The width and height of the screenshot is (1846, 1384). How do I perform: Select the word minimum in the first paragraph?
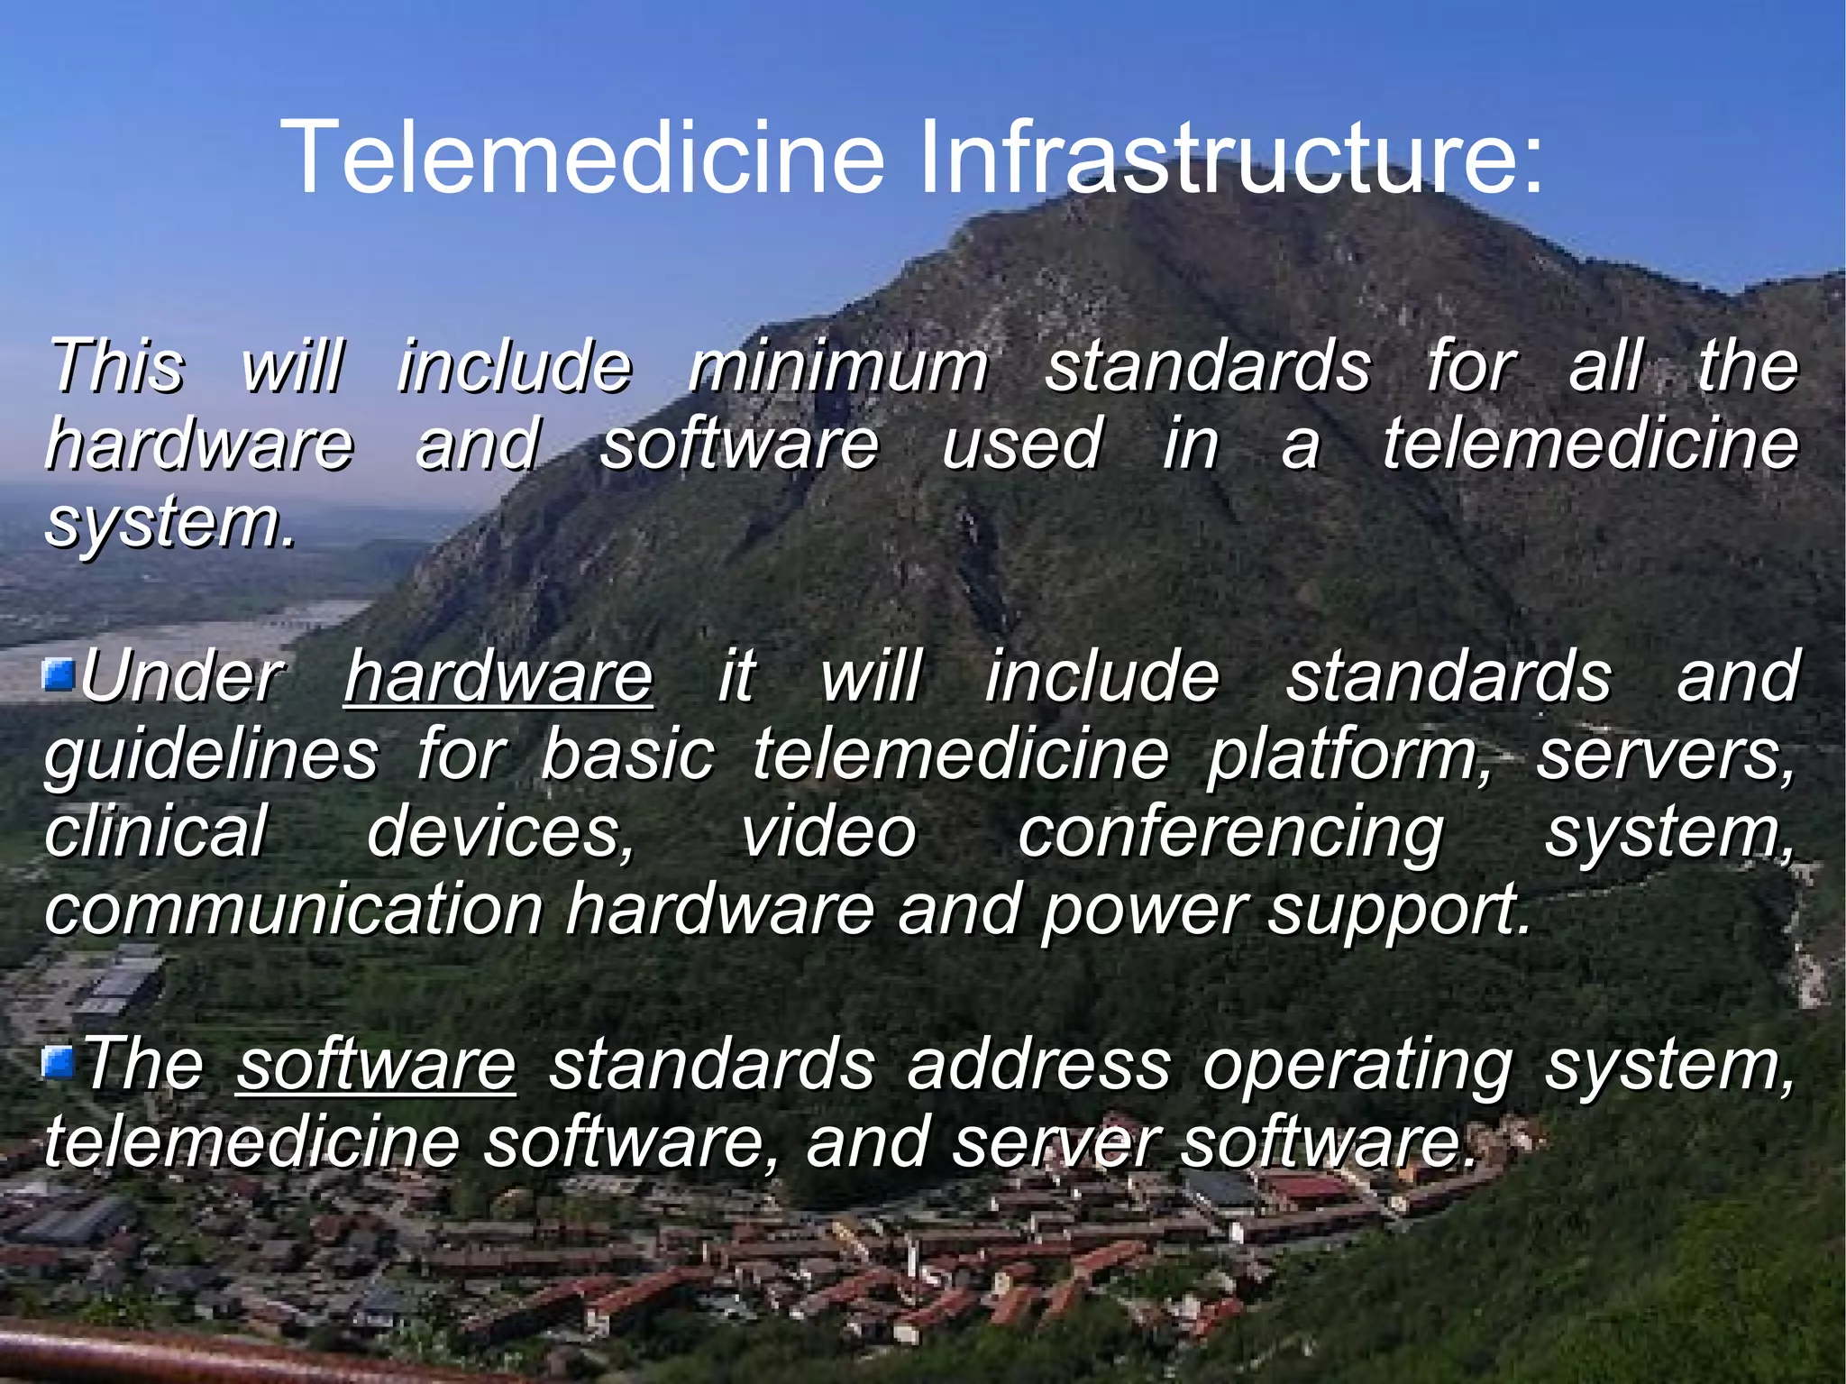(x=838, y=367)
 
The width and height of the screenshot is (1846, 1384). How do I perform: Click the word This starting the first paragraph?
(x=116, y=367)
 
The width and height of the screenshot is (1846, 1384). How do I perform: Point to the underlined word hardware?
(x=498, y=677)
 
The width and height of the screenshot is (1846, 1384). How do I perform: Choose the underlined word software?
(x=376, y=1065)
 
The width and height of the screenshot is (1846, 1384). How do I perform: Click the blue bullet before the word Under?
(x=59, y=676)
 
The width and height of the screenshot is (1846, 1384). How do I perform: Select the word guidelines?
(x=212, y=756)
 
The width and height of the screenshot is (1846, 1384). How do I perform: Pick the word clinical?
(x=156, y=831)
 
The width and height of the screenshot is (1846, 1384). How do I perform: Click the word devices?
(x=501, y=833)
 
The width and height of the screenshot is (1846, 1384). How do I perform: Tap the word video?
(x=827, y=831)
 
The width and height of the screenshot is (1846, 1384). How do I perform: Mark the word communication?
(x=294, y=910)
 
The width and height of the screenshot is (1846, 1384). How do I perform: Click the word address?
(x=1039, y=1065)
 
